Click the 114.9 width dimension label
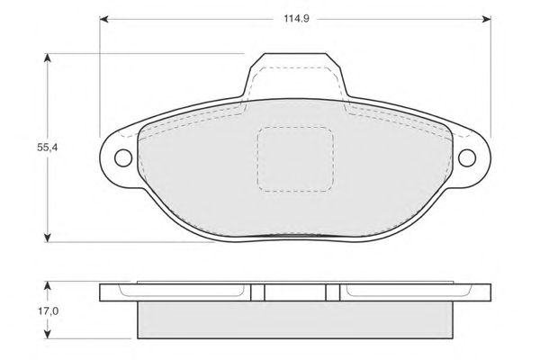296,19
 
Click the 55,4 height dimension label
48,148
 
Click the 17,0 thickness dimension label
48,311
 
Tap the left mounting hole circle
123,158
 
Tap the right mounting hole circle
467,158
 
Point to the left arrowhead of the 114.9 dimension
104,19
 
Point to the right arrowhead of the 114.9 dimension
487,19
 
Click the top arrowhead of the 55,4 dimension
48,58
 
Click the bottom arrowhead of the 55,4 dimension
48,238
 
